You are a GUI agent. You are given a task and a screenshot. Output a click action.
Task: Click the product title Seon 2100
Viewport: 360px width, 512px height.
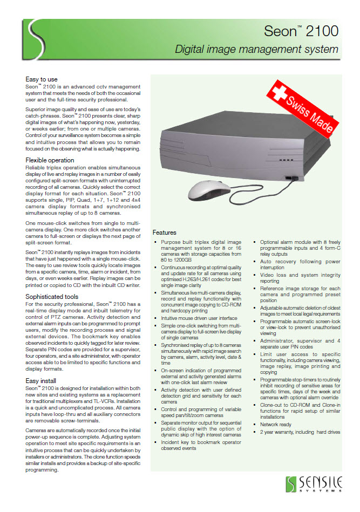pyautogui.click(x=301, y=31)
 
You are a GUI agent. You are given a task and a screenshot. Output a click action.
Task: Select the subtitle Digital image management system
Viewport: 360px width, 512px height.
pyautogui.click(x=256, y=50)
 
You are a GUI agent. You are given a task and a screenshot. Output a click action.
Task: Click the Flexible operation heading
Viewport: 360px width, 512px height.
pyautogui.click(x=50, y=160)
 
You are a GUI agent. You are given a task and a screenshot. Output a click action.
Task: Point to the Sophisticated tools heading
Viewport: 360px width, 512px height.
pyautogui.click(x=52, y=296)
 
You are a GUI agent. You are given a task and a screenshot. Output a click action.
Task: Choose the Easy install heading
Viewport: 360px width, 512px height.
pyautogui.click(x=41, y=380)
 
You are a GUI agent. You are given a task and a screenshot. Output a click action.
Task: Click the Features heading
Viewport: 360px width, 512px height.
pyautogui.click(x=164, y=233)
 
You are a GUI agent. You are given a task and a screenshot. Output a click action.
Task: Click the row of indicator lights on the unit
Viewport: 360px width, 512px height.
pyautogui.click(x=285, y=160)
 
